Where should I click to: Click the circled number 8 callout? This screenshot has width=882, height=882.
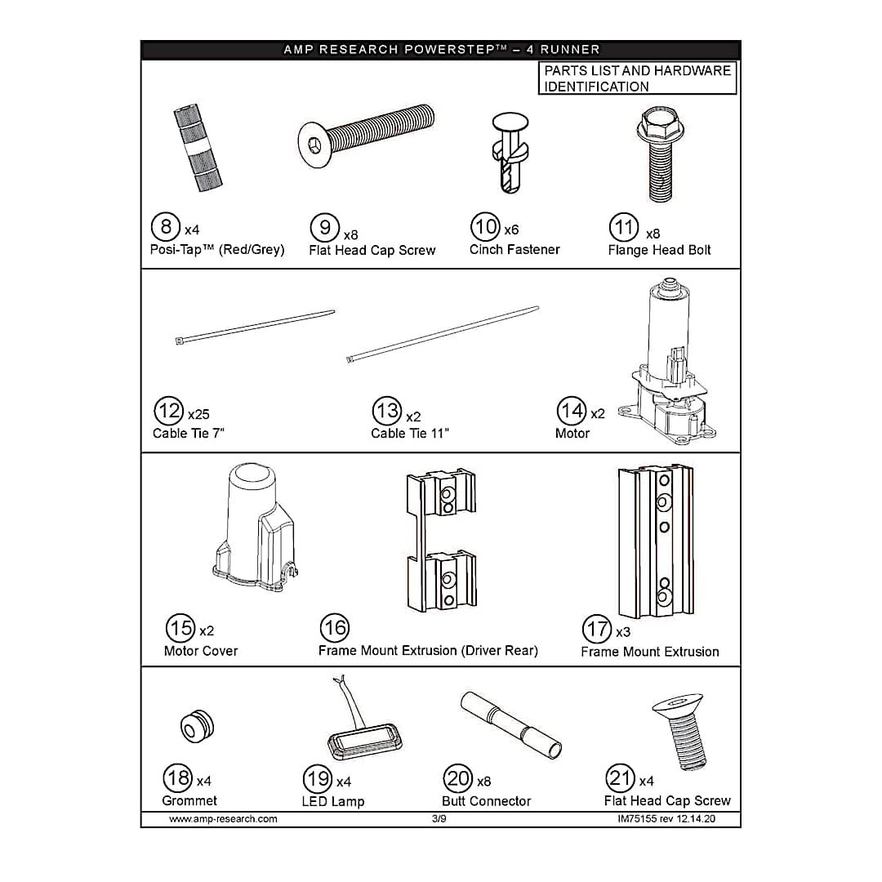pyautogui.click(x=165, y=227)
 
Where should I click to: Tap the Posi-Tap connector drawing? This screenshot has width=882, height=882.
pyautogui.click(x=198, y=147)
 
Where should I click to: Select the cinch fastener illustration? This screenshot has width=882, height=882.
pyautogui.click(x=510, y=153)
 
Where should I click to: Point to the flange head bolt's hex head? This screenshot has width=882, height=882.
pyautogui.click(x=655, y=124)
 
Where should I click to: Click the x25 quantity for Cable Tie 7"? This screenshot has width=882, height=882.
pyautogui.click(x=198, y=415)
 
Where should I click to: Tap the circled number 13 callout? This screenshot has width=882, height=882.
pyautogui.click(x=387, y=411)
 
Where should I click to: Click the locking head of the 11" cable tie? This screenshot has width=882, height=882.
pyautogui.click(x=350, y=359)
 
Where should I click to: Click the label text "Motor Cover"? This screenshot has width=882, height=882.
pyautogui.click(x=201, y=651)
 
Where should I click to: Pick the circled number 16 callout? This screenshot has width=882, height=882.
pyautogui.click(x=335, y=628)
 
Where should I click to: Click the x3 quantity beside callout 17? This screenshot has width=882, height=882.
pyautogui.click(x=622, y=632)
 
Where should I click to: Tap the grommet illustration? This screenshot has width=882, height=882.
pyautogui.click(x=197, y=727)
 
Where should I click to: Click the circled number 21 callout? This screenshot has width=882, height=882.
pyautogui.click(x=621, y=778)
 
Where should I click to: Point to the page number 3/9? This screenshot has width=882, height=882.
pyautogui.click(x=439, y=818)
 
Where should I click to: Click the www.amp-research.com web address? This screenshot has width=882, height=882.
pyautogui.click(x=223, y=819)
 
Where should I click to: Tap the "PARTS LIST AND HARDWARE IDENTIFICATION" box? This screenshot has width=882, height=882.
pyautogui.click(x=637, y=78)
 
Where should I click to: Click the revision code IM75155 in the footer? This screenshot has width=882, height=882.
pyautogui.click(x=637, y=819)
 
